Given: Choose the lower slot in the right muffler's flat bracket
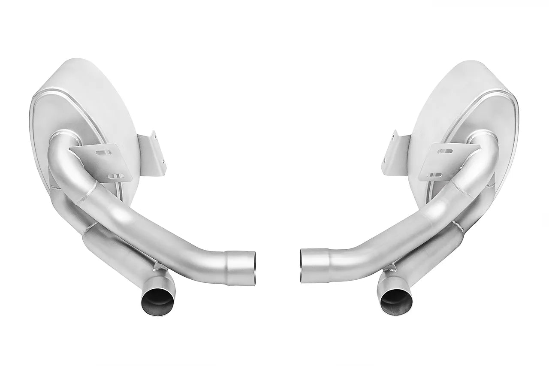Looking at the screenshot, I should click(x=434, y=175).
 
